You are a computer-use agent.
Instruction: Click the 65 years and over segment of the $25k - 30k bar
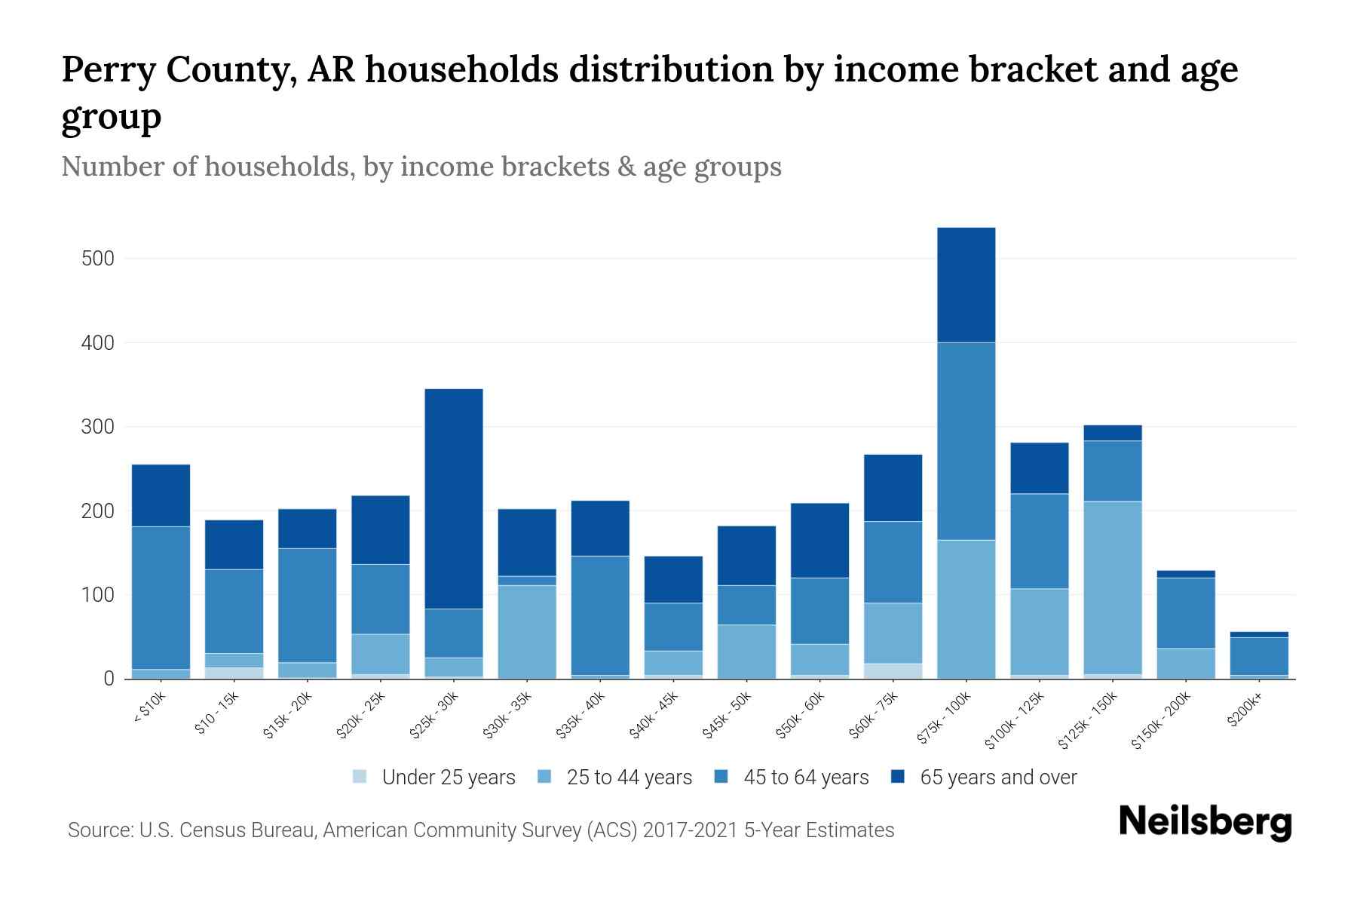(454, 499)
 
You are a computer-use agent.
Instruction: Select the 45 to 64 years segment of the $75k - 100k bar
(966, 441)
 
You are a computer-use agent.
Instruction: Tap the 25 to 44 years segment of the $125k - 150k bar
(1112, 587)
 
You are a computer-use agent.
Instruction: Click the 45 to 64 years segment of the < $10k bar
(161, 597)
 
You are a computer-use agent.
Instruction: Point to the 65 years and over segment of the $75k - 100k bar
(966, 285)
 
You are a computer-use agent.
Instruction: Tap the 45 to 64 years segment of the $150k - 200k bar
(1185, 612)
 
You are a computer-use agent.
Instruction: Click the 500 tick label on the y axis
(97, 259)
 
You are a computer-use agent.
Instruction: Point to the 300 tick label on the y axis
(97, 427)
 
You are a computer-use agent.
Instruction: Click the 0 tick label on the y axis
(109, 679)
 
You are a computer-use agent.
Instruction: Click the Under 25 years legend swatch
(360, 777)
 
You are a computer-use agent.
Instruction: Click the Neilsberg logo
(1205, 821)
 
